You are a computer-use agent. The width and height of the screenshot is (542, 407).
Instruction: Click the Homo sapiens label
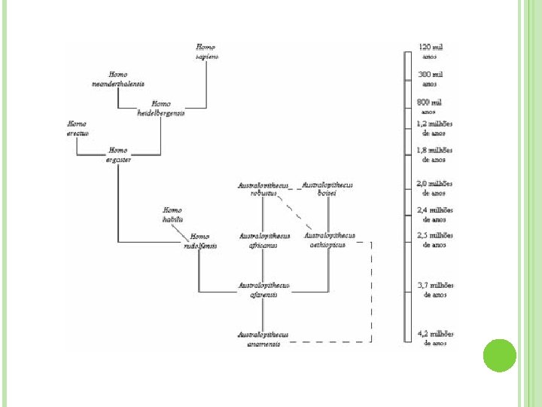[206, 51]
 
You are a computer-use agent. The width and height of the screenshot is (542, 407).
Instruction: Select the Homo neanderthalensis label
[118, 79]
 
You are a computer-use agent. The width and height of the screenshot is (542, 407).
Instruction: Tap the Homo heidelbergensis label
[161, 109]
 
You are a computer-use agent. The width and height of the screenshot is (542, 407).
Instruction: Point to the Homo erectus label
[77, 128]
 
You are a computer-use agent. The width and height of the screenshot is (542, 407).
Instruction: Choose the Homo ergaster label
[118, 155]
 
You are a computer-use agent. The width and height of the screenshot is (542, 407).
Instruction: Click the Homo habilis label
[172, 214]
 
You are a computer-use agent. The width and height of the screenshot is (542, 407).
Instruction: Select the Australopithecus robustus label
[263, 188]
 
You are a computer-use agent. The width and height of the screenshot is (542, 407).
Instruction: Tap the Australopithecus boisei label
[327, 188]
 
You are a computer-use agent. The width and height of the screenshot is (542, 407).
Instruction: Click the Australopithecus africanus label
[263, 240]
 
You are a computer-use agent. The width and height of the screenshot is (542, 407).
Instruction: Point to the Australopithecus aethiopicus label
[327, 240]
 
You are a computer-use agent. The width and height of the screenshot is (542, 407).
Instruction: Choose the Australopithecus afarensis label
[263, 289]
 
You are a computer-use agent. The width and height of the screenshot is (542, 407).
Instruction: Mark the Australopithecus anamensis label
[263, 338]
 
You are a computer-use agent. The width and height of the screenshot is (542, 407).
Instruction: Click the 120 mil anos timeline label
[430, 51]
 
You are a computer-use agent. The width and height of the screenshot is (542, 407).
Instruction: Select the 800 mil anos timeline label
[429, 106]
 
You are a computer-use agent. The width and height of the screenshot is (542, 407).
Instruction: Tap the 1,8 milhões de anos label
[435, 155]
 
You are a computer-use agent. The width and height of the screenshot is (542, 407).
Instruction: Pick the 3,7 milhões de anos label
[435, 290]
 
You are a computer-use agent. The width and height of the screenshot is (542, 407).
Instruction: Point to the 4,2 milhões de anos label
[435, 338]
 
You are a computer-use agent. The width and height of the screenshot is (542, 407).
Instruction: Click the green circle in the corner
[498, 355]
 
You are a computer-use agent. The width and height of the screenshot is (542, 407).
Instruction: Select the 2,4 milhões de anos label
[435, 214]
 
